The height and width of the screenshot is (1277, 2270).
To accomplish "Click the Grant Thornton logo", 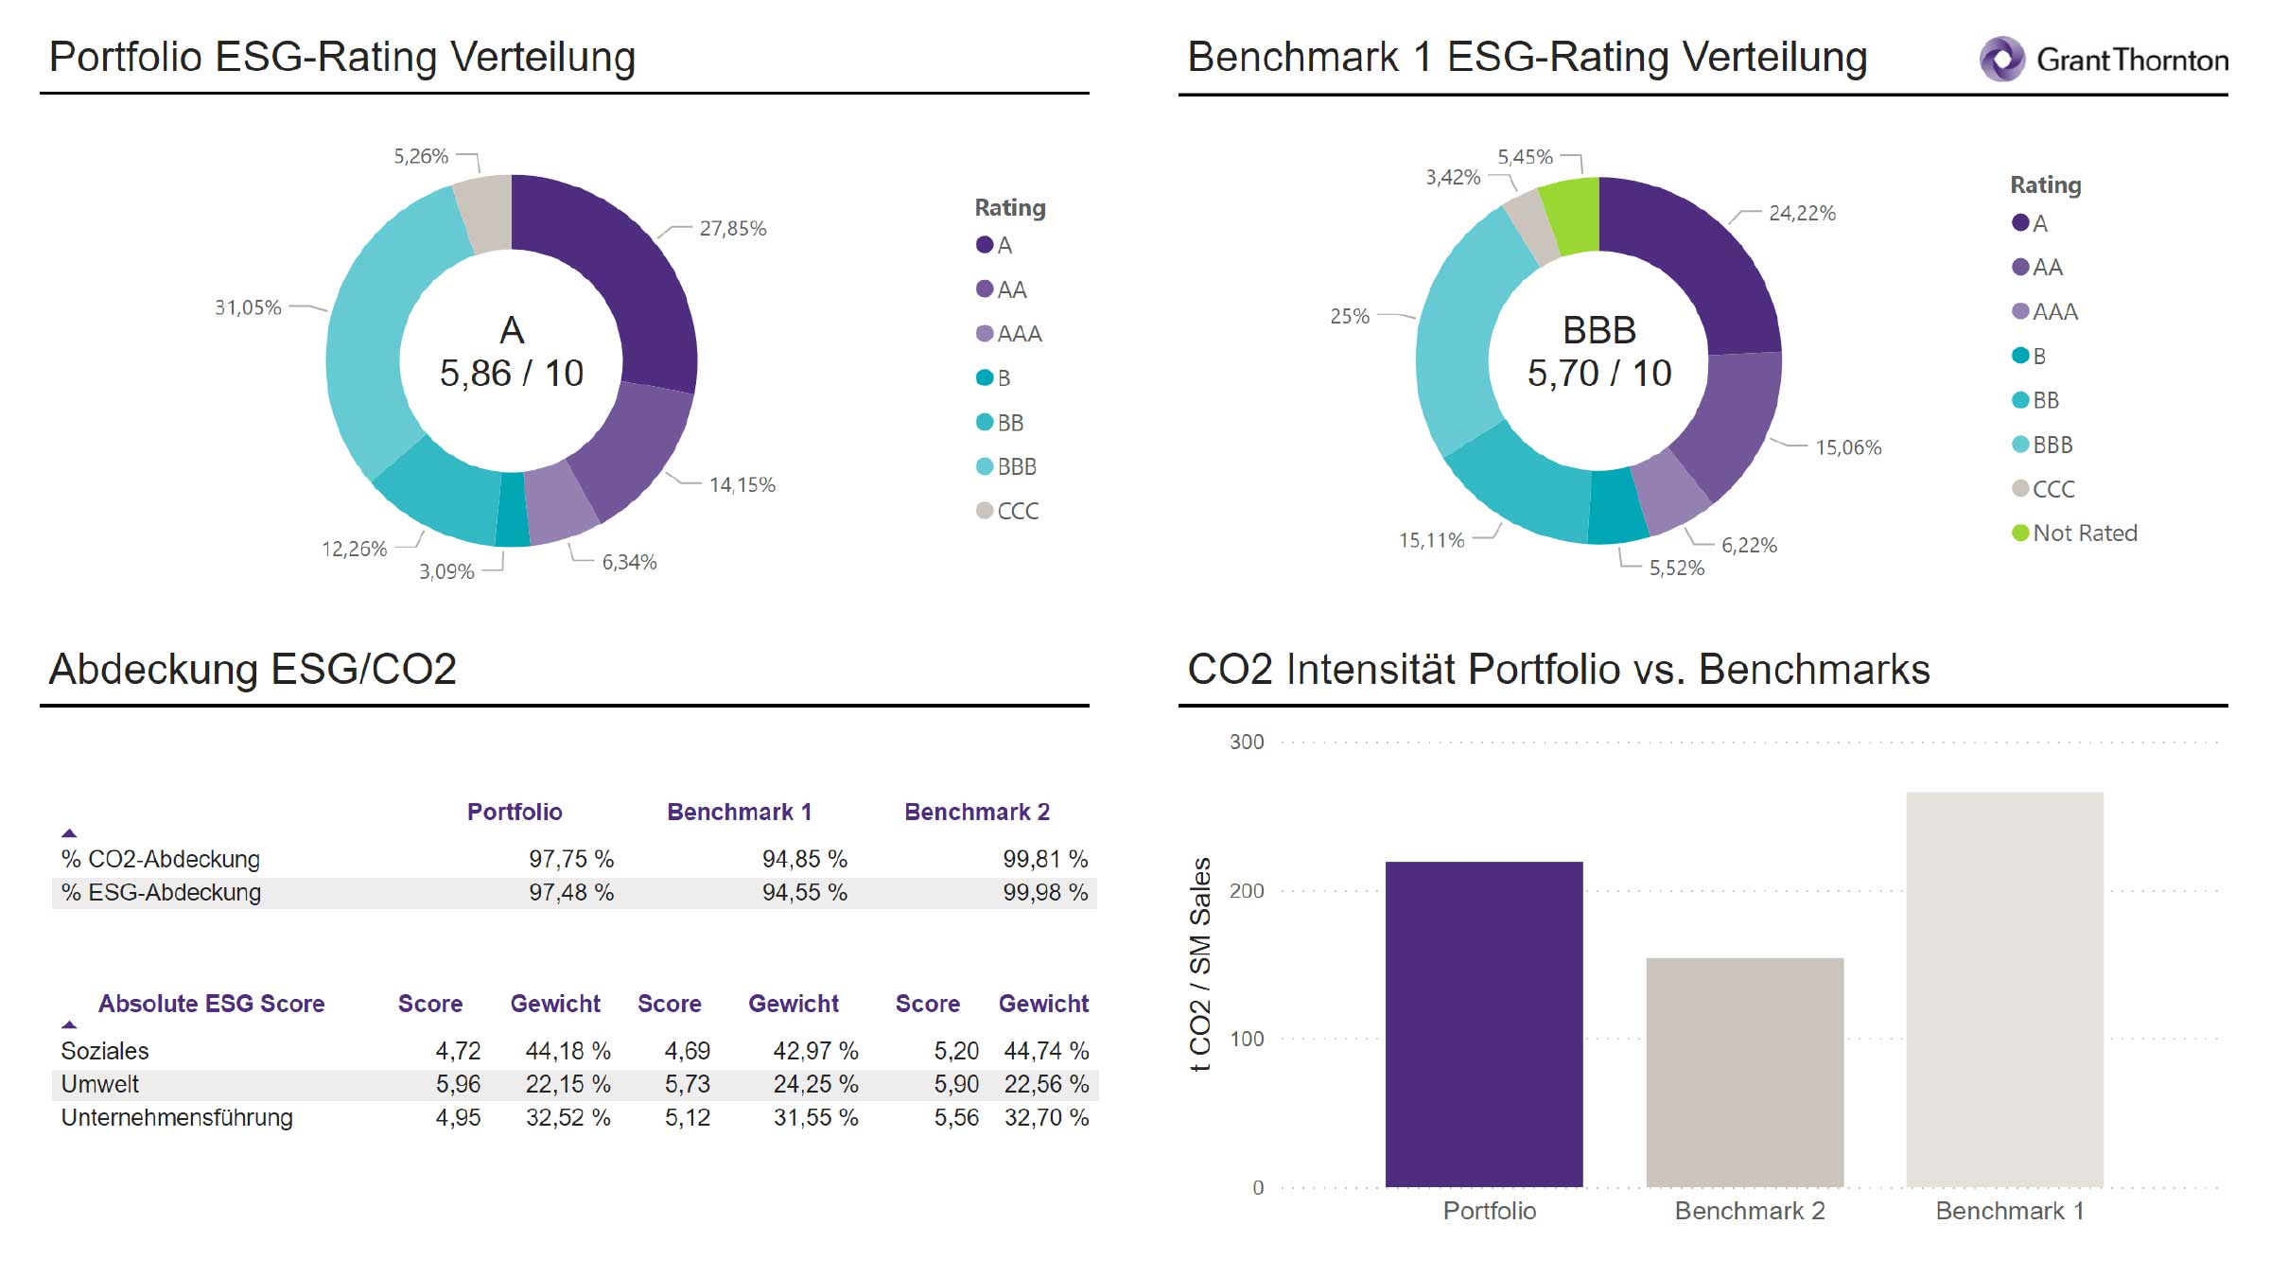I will pos(2104,60).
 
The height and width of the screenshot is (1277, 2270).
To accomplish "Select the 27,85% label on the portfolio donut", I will pos(732,229).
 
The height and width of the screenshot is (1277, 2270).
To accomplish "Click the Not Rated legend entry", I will pos(2074,534).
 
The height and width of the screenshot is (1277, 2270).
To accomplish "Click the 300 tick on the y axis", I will pos(1246,743).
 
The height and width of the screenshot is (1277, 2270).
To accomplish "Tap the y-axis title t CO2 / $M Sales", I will pos(1200,964).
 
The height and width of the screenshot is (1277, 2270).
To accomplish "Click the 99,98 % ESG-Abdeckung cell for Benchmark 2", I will pos(1044,893).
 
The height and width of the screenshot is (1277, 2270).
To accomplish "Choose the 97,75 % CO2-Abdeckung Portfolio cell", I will pos(570,859).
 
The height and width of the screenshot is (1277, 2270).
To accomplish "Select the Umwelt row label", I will pos(100,1084).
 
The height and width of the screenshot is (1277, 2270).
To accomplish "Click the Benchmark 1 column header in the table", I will pos(739,812).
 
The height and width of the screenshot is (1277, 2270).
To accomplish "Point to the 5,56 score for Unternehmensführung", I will pos(955,1118).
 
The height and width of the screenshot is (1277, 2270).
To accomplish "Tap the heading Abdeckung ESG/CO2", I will pos(253,669).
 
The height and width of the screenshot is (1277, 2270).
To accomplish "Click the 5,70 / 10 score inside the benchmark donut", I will pos(1598,374).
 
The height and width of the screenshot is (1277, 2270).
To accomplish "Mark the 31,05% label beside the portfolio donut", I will pos(248,307).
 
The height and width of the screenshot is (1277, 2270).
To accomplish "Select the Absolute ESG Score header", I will pos(211,1004).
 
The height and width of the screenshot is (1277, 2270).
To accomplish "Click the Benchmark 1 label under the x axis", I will pos(2009,1211).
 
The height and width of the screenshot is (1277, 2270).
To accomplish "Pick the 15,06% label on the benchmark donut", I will pos(1847,447).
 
